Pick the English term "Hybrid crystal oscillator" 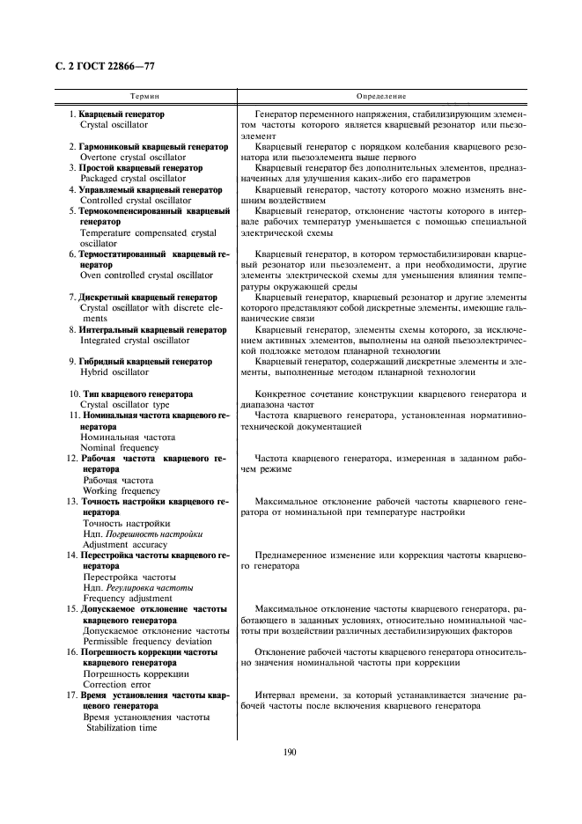click(114, 372)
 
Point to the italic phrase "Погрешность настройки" click(155, 533)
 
